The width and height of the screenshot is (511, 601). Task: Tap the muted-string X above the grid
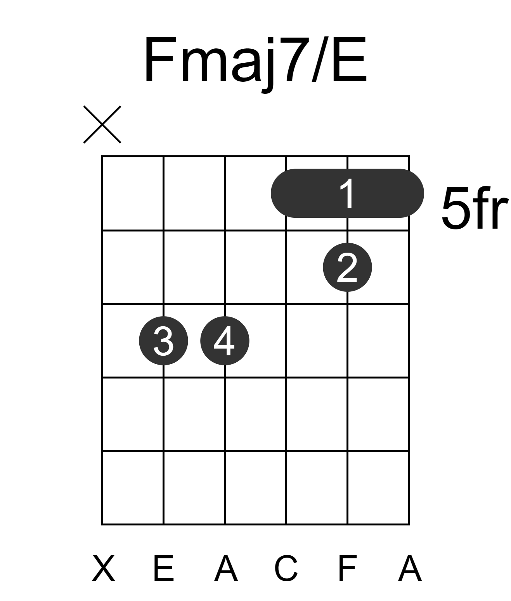(102, 124)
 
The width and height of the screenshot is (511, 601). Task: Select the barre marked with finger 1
(347, 193)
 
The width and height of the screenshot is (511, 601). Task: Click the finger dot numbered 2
(347, 267)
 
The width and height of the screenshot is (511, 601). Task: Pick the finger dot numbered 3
(163, 341)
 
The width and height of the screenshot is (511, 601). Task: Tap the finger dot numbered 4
(225, 341)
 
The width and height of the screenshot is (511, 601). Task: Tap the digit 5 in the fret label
(456, 208)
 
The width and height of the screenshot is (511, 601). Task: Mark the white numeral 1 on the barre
(347, 193)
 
